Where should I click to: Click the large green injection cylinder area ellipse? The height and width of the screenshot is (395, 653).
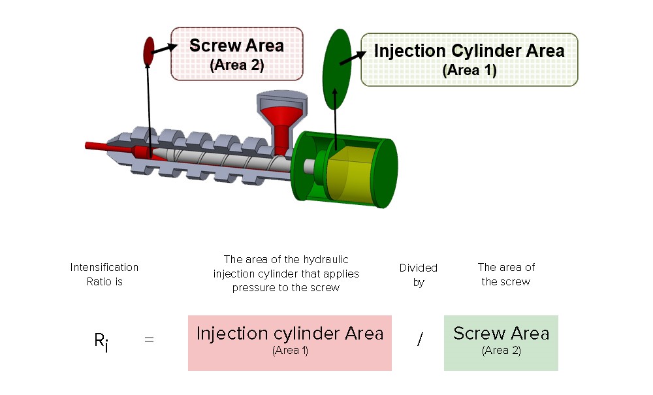pyautogui.click(x=338, y=68)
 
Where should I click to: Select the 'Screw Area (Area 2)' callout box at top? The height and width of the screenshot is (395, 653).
pyautogui.click(x=236, y=54)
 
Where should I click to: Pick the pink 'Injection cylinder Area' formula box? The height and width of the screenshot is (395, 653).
pyautogui.click(x=289, y=343)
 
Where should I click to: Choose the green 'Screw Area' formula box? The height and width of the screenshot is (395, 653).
pyautogui.click(x=501, y=343)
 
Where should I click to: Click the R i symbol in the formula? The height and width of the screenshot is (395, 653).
pyautogui.click(x=101, y=341)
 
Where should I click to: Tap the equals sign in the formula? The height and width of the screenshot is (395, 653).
pyautogui.click(x=149, y=340)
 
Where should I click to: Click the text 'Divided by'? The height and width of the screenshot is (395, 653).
pyautogui.click(x=419, y=275)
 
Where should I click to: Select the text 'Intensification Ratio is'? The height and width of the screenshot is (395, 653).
pyautogui.click(x=104, y=274)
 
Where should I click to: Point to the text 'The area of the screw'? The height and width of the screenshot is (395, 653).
pyautogui.click(x=506, y=274)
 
